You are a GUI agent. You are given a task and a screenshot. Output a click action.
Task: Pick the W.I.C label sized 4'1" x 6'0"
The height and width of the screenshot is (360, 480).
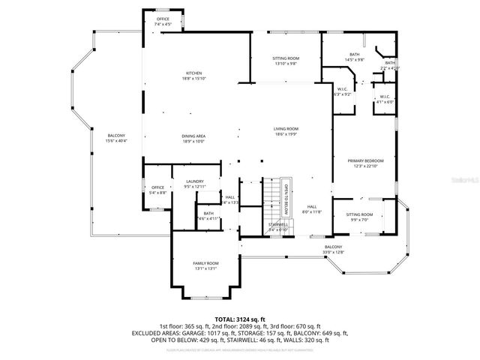tap(384, 98)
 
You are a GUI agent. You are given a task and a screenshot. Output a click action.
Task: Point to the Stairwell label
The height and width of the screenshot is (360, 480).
tap(277, 226)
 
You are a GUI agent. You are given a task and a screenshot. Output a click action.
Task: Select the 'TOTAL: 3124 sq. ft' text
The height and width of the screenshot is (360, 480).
tap(240, 319)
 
